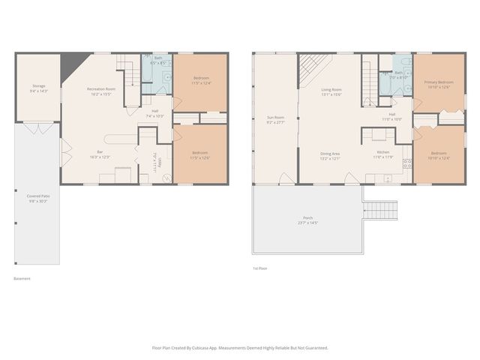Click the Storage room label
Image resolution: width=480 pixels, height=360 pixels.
(38, 86)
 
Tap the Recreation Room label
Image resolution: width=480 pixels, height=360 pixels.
(100, 88)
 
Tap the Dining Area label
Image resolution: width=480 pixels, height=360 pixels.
(331, 153)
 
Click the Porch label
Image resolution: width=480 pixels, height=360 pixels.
(308, 218)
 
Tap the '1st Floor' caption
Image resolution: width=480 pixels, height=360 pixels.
(260, 268)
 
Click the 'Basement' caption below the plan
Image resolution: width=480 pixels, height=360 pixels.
(22, 279)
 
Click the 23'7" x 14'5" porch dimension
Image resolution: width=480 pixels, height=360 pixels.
(308, 223)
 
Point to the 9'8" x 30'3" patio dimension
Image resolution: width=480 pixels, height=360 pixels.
(37, 201)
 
